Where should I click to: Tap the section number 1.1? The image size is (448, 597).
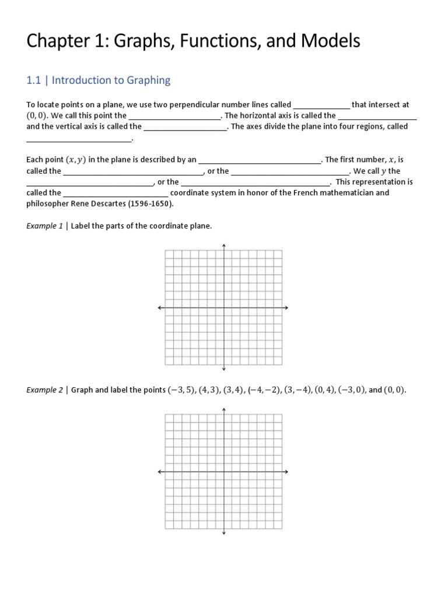tap(34, 80)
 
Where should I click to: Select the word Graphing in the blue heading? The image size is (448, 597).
tap(146, 80)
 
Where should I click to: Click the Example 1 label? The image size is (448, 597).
tap(44, 226)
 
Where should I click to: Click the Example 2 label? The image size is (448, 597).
tap(44, 390)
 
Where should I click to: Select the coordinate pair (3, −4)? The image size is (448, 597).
tap(296, 390)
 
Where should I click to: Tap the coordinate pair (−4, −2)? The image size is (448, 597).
tap(264, 390)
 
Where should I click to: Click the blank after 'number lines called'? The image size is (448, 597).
tap(321, 106)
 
